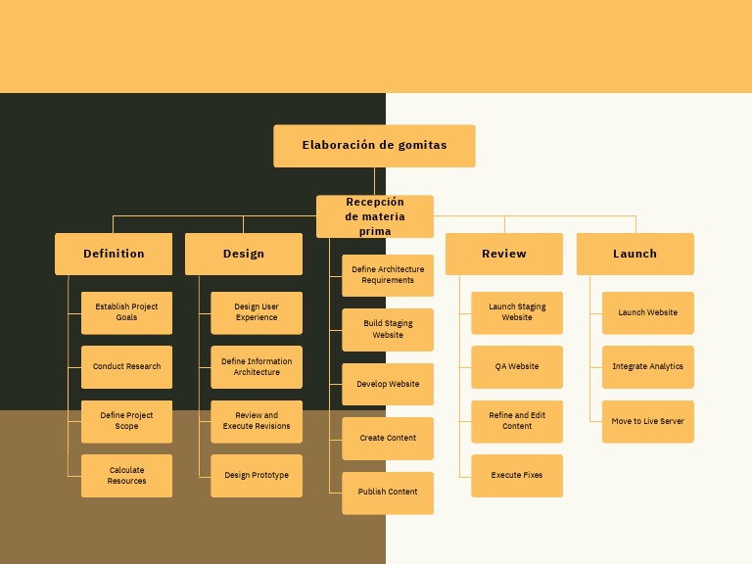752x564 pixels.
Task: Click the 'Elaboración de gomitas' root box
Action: (x=374, y=146)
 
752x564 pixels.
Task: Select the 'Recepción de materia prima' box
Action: (x=374, y=216)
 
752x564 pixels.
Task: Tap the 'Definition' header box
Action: (x=114, y=254)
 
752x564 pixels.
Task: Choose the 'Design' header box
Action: (x=244, y=254)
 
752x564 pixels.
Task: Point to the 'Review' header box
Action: (x=504, y=254)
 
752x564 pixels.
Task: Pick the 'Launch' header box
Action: (x=634, y=254)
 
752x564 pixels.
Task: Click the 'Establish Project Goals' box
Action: (x=126, y=312)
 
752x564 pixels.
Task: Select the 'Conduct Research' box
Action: (x=126, y=367)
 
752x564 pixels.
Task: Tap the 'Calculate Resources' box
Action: (x=126, y=476)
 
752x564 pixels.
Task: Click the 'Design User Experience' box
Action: (x=257, y=312)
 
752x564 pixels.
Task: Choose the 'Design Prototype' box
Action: (x=257, y=476)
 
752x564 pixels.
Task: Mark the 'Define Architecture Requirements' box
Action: (x=388, y=275)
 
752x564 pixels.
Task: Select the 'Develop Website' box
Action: (x=388, y=384)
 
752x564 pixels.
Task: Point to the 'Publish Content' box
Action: (x=388, y=493)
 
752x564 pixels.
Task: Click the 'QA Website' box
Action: (x=517, y=367)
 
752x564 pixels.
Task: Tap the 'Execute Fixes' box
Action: (x=517, y=476)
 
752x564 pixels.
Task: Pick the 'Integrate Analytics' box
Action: (x=648, y=367)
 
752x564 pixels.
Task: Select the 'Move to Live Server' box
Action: (x=648, y=421)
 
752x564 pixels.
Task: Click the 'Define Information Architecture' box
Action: (x=257, y=367)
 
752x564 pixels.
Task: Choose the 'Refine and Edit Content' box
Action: (x=517, y=421)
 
